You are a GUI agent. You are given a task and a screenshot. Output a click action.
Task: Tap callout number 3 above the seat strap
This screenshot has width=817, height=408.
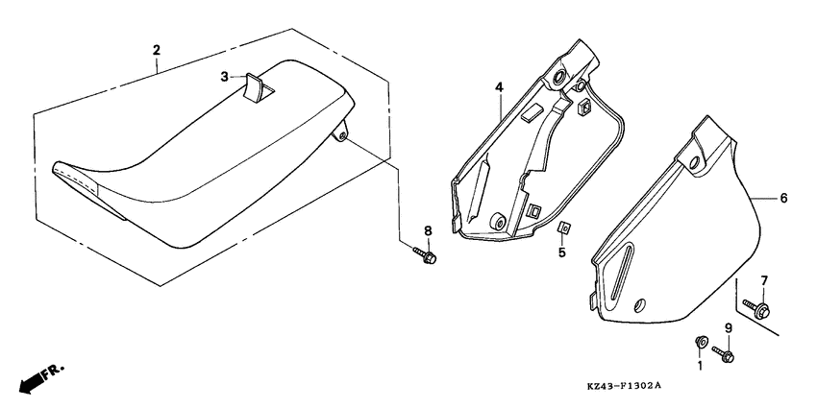tap(224, 76)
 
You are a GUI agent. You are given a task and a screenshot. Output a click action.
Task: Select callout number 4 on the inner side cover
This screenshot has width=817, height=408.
tap(499, 87)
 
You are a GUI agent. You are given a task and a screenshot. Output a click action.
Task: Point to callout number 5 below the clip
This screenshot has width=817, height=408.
tap(563, 254)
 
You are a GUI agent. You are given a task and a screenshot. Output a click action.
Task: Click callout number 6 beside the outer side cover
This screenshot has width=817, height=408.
tap(783, 198)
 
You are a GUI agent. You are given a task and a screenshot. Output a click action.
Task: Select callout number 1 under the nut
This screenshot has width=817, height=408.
tap(700, 365)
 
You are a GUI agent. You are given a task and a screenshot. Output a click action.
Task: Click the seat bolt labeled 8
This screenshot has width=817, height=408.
tap(426, 256)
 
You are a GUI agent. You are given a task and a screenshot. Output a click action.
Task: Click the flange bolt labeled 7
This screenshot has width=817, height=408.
tap(759, 308)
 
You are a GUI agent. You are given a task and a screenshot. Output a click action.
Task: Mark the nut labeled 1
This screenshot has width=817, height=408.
tap(701, 342)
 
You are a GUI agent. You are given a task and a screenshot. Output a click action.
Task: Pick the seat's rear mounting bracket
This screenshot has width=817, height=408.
tap(340, 135)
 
